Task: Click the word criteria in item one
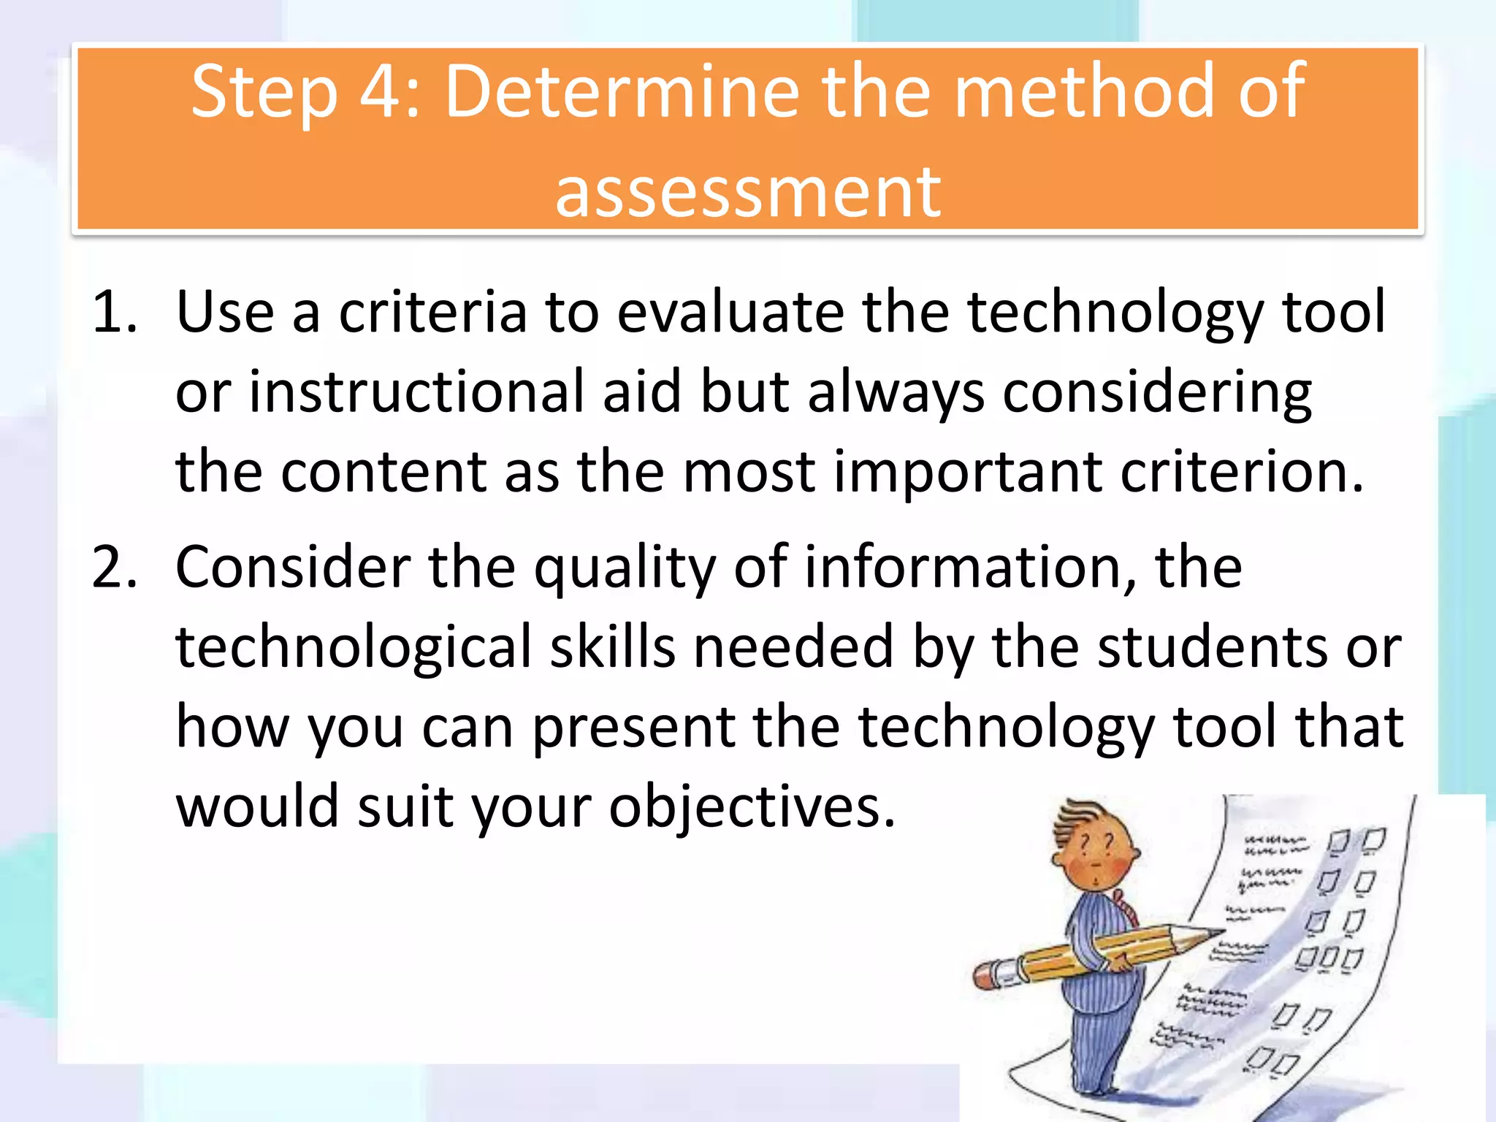(432, 313)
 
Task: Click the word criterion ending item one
(1241, 472)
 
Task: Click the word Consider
(293, 568)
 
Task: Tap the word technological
(354, 647)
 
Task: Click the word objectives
(752, 808)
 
